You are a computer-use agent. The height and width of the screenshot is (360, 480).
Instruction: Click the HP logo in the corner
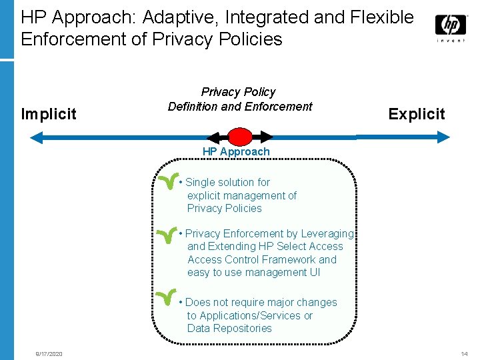451,27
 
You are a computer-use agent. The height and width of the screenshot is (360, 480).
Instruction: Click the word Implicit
49,114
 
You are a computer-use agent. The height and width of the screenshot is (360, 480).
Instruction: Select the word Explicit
417,114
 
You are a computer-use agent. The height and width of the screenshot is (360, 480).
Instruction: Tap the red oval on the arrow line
240,137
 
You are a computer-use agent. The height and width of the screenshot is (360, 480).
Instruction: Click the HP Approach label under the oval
236,151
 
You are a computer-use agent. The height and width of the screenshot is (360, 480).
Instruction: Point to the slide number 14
464,353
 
